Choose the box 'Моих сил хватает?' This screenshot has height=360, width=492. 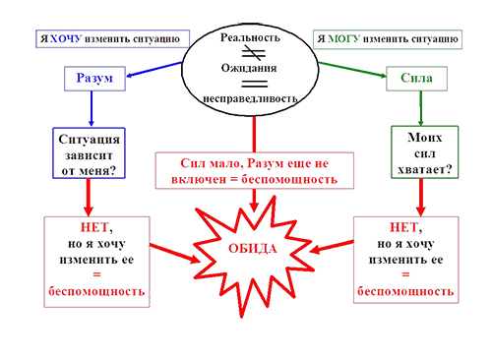pyautogui.click(x=420, y=153)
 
